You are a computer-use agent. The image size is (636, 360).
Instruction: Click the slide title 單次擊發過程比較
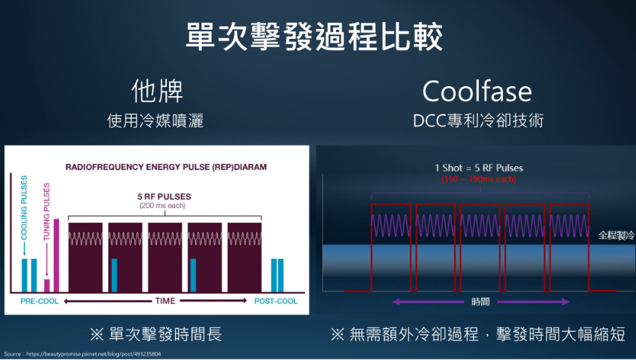tap(314, 37)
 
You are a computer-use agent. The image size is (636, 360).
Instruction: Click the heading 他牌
tap(157, 91)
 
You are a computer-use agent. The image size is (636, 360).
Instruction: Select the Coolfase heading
tap(477, 91)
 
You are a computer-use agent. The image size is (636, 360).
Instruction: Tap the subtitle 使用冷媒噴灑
tap(156, 121)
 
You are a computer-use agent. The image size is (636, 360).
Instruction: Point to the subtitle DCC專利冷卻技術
tap(478, 121)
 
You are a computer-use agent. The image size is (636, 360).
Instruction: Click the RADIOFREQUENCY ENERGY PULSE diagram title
tap(166, 167)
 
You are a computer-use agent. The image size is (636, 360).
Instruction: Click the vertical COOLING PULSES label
tap(24, 207)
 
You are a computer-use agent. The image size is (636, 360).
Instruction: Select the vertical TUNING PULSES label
tap(46, 211)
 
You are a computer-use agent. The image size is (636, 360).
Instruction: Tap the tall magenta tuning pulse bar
tap(57, 255)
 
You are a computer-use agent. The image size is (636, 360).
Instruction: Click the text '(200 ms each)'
tap(163, 206)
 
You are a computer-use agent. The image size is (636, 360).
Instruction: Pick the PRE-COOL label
tap(40, 301)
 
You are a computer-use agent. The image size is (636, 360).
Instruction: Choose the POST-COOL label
tap(276, 301)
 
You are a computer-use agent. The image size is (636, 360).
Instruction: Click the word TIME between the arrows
tap(165, 301)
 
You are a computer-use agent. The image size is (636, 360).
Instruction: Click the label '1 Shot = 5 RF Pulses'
tap(479, 168)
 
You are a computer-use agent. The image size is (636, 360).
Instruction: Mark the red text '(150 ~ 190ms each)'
tap(479, 179)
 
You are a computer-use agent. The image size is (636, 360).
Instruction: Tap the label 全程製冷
tap(616, 235)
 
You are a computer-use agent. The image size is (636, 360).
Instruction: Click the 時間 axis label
tap(480, 302)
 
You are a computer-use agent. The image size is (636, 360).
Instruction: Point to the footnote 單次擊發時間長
tap(156, 334)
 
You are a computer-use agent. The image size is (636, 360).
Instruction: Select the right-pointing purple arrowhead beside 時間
tap(565, 301)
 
